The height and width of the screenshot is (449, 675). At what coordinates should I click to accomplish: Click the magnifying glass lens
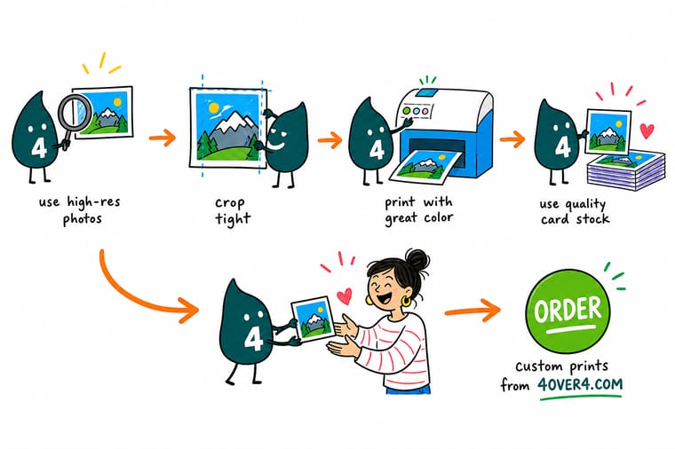(75, 112)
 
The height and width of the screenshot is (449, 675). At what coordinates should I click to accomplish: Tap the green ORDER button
(568, 311)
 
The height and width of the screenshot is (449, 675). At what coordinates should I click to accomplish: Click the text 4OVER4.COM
(580, 383)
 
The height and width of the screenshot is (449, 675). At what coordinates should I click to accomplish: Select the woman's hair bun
(417, 260)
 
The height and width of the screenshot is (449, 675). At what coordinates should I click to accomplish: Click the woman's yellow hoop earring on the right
(406, 300)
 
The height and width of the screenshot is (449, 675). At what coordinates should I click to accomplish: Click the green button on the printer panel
(407, 112)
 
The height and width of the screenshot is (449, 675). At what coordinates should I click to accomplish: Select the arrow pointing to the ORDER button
(472, 311)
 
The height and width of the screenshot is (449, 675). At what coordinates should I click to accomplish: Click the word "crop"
(230, 202)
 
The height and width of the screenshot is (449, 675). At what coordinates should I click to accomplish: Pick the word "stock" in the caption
(592, 219)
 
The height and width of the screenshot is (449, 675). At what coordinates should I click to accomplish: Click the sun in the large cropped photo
(213, 107)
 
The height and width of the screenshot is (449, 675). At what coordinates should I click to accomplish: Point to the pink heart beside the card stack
(647, 130)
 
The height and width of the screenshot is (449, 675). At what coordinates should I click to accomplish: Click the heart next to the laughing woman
(345, 295)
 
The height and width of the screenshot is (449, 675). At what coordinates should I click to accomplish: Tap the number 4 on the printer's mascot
(377, 150)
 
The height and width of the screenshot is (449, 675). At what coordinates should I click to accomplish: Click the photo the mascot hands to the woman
(313, 319)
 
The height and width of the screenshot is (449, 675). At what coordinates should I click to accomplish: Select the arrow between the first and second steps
(163, 138)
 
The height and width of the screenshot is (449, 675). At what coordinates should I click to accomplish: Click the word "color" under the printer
(438, 217)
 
